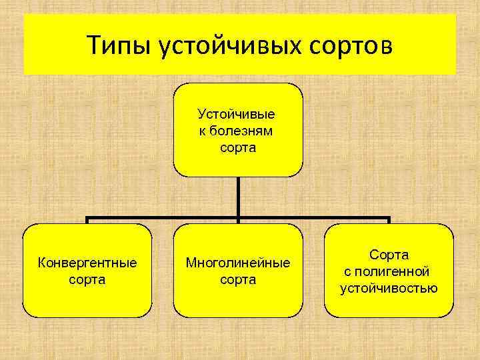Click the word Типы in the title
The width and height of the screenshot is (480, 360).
pyautogui.click(x=119, y=47)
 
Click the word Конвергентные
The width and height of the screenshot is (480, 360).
pyautogui.click(x=87, y=263)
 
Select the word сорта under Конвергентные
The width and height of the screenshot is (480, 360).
pyautogui.click(x=87, y=279)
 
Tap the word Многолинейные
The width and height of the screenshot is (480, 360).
pyautogui.click(x=238, y=263)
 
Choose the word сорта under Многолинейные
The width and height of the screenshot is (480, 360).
pyautogui.click(x=238, y=279)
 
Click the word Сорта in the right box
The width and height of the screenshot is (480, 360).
pyautogui.click(x=389, y=255)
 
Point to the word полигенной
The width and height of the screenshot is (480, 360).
pyautogui.click(x=397, y=271)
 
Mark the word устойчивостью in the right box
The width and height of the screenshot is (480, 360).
pyautogui.click(x=389, y=288)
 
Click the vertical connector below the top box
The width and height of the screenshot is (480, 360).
pyautogui.click(x=238, y=197)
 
